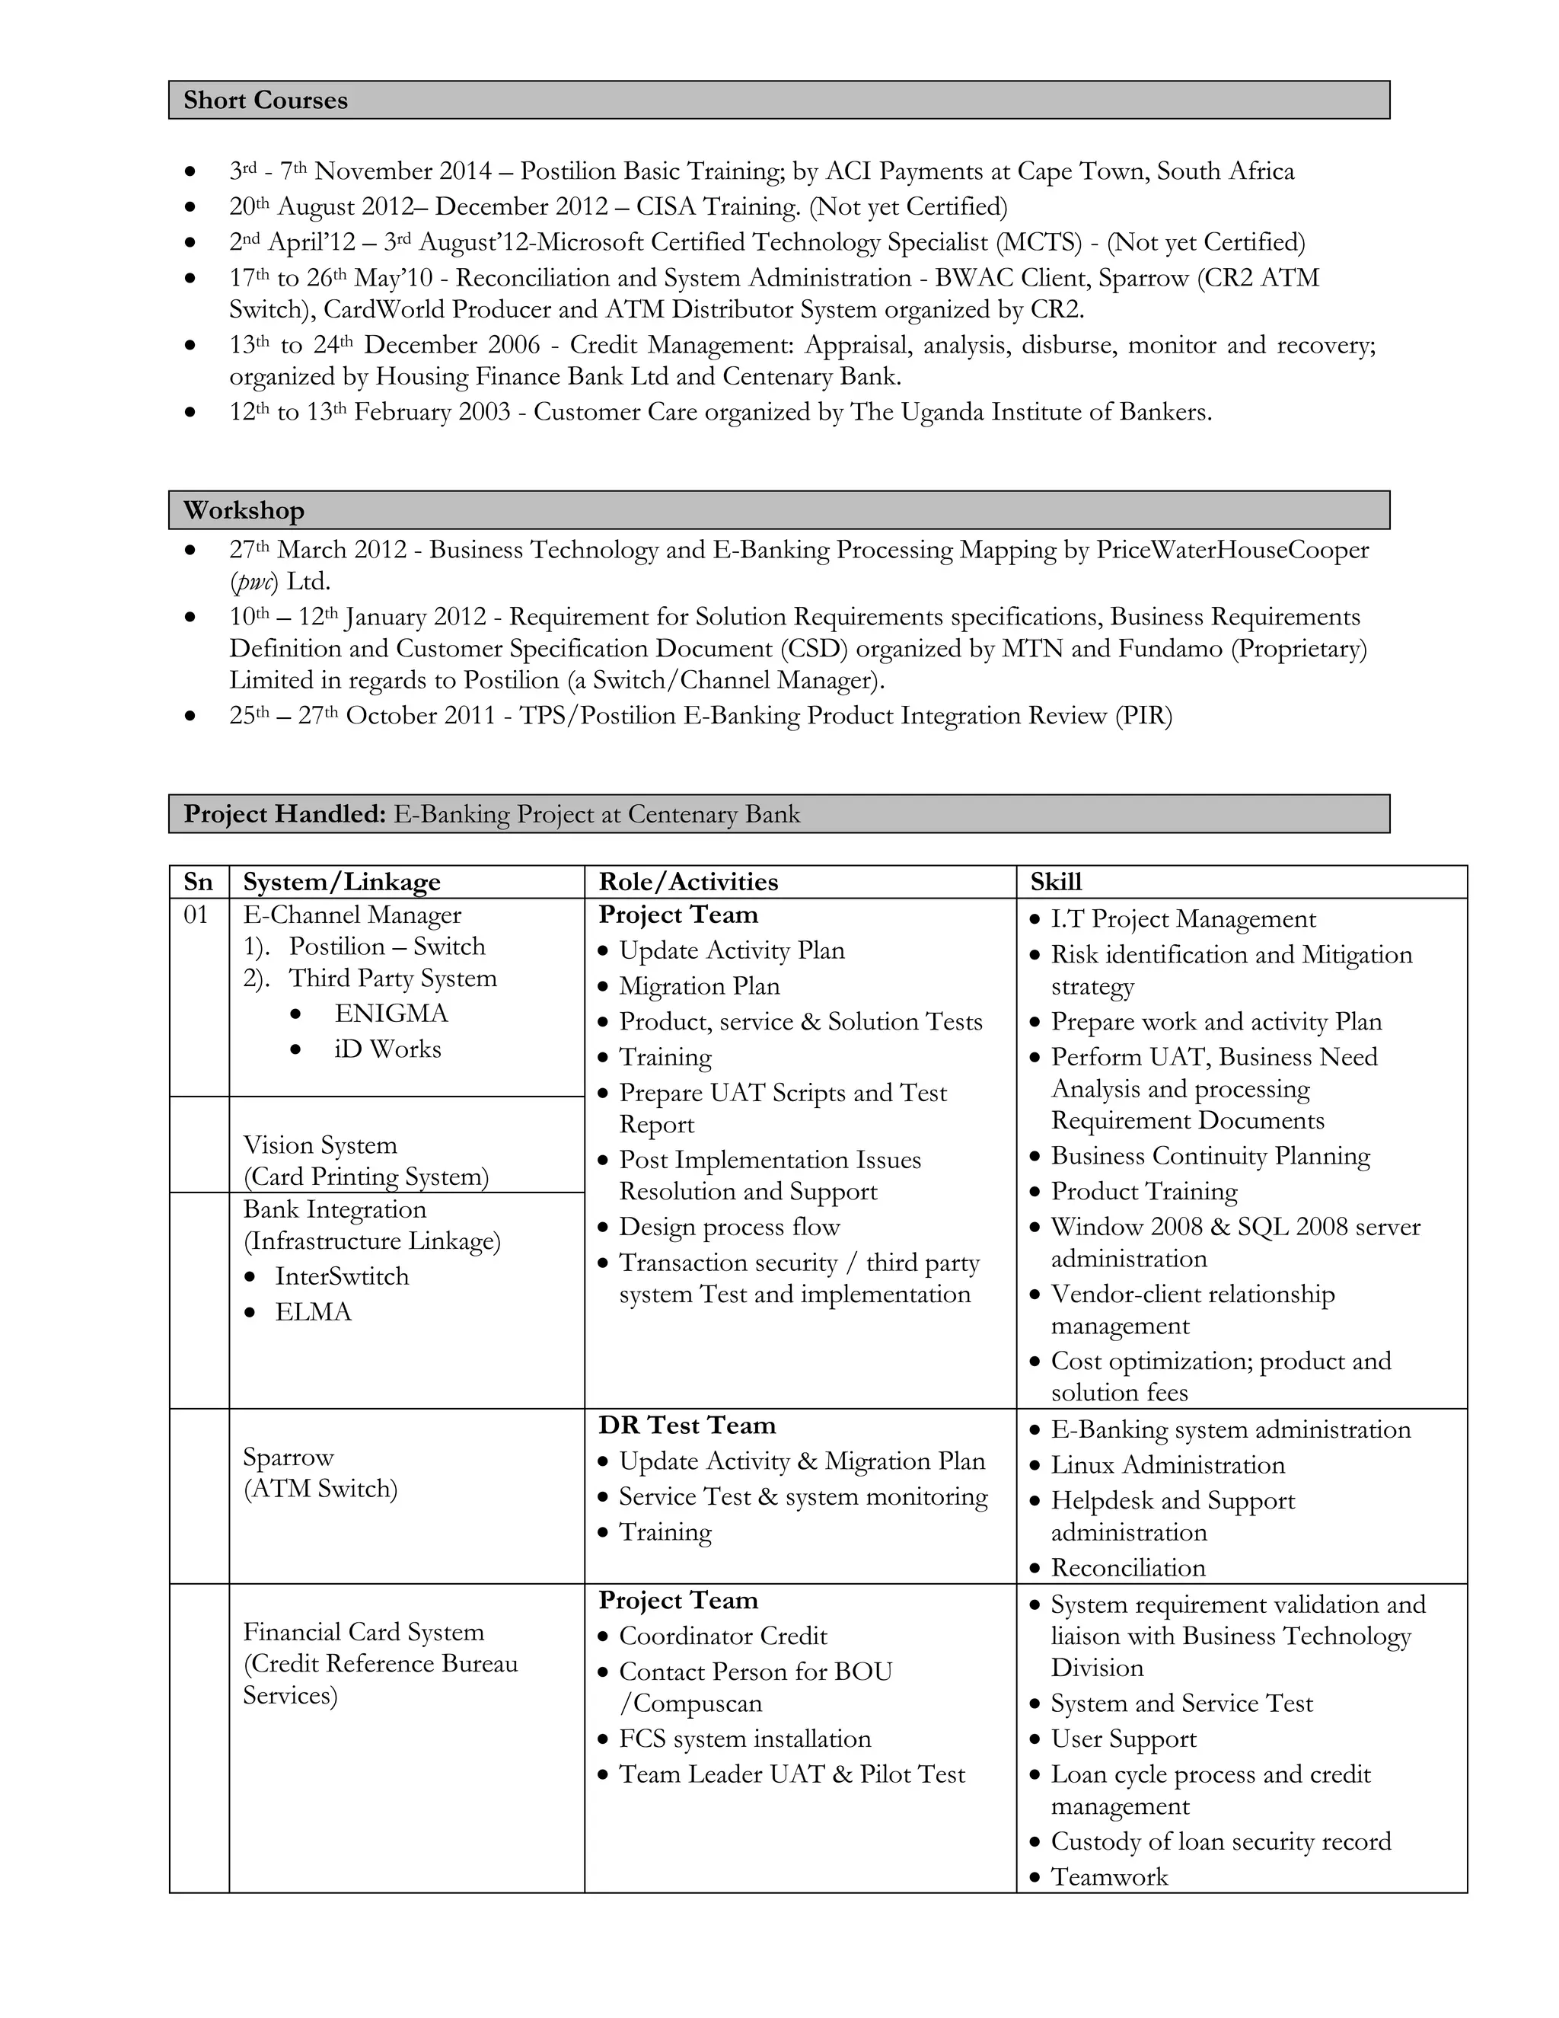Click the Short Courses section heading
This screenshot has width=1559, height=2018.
coord(265,100)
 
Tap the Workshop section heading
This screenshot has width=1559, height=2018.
coord(244,510)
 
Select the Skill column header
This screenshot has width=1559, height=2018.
coord(1056,882)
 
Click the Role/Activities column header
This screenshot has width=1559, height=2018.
coord(688,882)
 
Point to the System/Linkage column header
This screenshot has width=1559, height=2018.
coord(342,882)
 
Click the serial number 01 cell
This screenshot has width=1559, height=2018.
coord(196,915)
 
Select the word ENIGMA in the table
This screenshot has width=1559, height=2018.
coord(391,1014)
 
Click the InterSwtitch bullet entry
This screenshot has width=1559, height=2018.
coord(342,1276)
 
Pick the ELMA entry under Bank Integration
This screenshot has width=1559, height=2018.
coord(313,1312)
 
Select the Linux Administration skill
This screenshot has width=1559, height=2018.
coord(1168,1464)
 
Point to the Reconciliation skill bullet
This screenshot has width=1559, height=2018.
coord(1127,1567)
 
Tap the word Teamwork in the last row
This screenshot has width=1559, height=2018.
coord(1109,1876)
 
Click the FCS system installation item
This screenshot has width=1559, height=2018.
coord(744,1738)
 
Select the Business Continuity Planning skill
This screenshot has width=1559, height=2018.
coord(1210,1156)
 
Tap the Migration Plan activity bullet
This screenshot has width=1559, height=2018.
coord(699,986)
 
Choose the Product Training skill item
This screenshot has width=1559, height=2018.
coord(1143,1191)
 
